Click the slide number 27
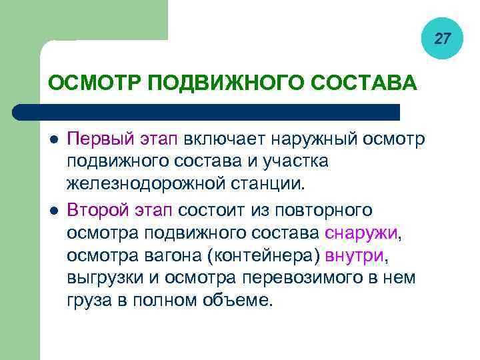[442, 39]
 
